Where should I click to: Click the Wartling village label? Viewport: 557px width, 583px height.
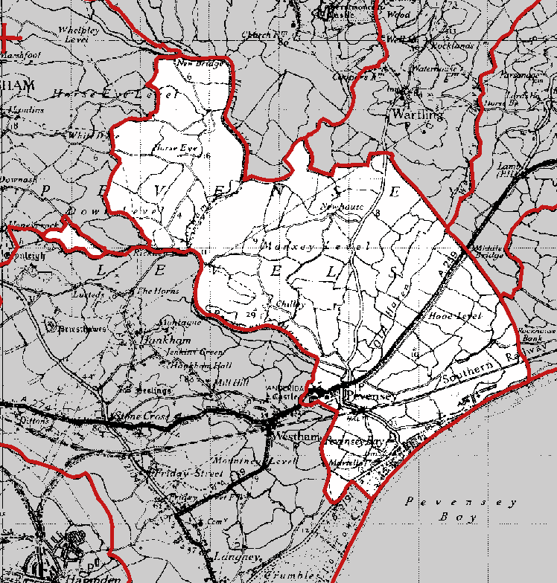point(417,115)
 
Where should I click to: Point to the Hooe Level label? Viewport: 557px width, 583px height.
point(456,316)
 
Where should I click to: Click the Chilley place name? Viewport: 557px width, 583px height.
point(290,303)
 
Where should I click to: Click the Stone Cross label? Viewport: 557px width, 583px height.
point(138,416)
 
